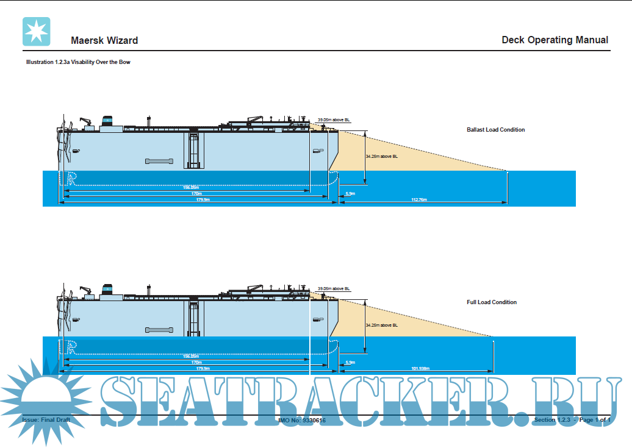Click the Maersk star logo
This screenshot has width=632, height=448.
[x=36, y=32]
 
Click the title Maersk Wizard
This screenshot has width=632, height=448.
[x=104, y=41]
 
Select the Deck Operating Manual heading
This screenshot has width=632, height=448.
[x=555, y=40]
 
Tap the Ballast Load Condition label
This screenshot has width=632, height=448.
[x=495, y=130]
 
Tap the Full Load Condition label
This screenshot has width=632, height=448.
[x=491, y=302]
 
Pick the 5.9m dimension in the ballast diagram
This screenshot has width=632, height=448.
[x=350, y=193]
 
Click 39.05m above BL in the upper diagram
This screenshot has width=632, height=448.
[x=334, y=120]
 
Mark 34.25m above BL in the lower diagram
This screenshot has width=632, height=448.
[x=382, y=325]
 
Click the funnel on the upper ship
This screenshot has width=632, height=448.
[x=109, y=120]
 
